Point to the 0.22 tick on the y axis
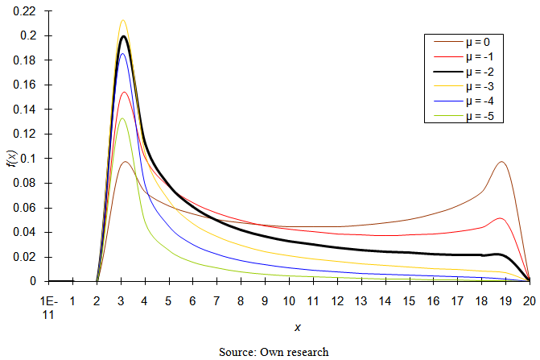(27, 11)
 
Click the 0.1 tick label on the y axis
(31, 159)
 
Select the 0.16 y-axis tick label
(27, 85)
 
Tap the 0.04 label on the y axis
(27, 232)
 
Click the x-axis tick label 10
(289, 302)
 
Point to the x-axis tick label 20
(529, 302)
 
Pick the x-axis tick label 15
(409, 302)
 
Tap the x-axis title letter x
(297, 328)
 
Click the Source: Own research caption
(274, 352)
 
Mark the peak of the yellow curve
(122, 21)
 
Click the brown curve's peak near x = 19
(501, 162)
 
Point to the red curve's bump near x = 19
(501, 218)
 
